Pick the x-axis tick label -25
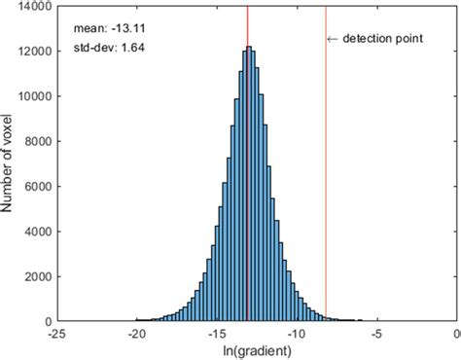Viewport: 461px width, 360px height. click(56, 334)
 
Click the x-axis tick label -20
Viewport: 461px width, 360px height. click(136, 334)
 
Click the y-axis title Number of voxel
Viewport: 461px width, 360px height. click(9, 163)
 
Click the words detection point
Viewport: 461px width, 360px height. click(374, 39)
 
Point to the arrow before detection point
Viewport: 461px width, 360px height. click(332, 39)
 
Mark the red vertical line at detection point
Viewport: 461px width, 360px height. click(326, 195)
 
